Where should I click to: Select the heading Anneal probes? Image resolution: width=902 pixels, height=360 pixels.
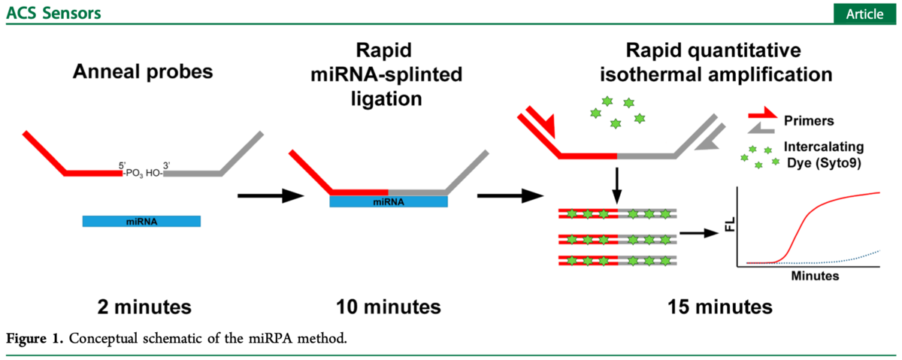pyautogui.click(x=143, y=72)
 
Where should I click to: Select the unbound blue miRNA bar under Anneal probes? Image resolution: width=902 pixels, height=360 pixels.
pyautogui.click(x=141, y=221)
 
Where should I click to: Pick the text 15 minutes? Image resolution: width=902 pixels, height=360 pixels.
pyautogui.click(x=720, y=307)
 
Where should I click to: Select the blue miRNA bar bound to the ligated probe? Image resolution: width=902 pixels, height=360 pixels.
pyautogui.click(x=389, y=201)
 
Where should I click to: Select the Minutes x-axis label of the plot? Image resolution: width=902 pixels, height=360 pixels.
pyautogui.click(x=815, y=276)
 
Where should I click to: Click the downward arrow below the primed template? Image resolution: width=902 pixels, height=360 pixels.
pyautogui.click(x=616, y=184)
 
